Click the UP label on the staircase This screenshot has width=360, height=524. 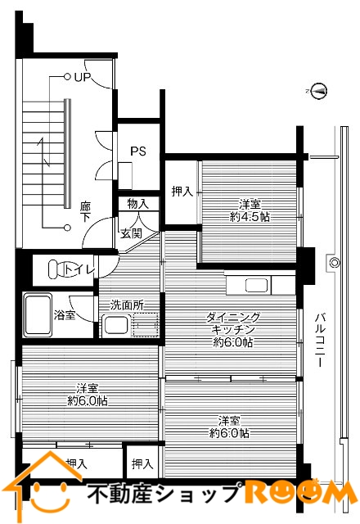coord(82,78)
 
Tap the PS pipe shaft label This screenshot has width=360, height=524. coord(138,151)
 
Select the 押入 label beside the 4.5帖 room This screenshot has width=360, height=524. coord(182,192)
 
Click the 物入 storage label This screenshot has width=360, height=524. coord(137,204)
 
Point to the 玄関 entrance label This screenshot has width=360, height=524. coord(131,233)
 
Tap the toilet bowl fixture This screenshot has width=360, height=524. coord(57,269)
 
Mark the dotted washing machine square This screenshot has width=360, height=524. coord(146,324)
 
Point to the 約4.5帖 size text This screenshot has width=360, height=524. coord(250,216)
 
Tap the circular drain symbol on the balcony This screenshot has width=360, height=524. coord(334,262)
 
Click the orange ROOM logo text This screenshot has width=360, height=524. coord(295,494)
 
